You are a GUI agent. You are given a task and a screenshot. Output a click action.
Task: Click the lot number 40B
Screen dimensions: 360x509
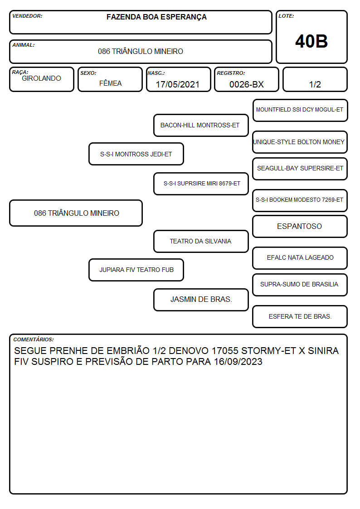[x=311, y=41]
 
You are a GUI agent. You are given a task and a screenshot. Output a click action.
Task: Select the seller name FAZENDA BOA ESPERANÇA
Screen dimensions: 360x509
[x=156, y=17]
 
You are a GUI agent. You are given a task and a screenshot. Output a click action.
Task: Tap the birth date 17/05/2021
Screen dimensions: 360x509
[x=178, y=84]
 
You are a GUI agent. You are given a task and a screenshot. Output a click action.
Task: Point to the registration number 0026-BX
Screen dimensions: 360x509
[x=246, y=84]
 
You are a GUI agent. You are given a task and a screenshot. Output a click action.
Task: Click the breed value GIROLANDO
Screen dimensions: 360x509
[x=41, y=78]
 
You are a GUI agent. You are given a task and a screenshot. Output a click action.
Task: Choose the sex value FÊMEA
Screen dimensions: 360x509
[x=110, y=83]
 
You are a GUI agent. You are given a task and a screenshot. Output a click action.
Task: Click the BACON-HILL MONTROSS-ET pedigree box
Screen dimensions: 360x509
[x=201, y=125]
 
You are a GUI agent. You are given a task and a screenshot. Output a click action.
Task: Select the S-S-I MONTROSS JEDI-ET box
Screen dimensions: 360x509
[x=136, y=154]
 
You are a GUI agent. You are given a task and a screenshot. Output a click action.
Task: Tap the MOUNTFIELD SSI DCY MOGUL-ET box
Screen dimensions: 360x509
[x=300, y=111]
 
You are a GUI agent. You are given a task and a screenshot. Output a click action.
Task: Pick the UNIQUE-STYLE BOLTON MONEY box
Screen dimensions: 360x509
[x=300, y=142]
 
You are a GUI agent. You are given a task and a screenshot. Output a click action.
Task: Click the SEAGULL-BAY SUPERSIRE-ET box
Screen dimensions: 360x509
[x=300, y=169]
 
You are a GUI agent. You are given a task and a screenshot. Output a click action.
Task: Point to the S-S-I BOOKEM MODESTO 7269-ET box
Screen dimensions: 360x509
[x=300, y=200]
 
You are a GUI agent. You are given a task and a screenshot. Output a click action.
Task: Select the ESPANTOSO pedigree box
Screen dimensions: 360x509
[x=300, y=226]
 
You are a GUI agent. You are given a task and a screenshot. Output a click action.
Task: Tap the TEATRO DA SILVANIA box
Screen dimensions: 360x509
[x=201, y=241]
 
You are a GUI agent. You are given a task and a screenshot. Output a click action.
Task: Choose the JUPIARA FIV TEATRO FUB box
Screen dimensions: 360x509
[x=136, y=270]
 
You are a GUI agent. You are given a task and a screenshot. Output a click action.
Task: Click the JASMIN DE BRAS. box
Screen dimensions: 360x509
[x=201, y=300]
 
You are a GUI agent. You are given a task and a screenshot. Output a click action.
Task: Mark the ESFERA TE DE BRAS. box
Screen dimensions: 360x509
[x=300, y=316]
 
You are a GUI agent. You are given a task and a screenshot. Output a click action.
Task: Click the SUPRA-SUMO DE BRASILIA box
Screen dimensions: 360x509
[x=300, y=285]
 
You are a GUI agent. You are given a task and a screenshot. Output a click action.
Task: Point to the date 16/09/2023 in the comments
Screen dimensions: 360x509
[x=238, y=362]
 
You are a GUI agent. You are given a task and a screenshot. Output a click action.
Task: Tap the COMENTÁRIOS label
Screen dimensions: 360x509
[x=34, y=339]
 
